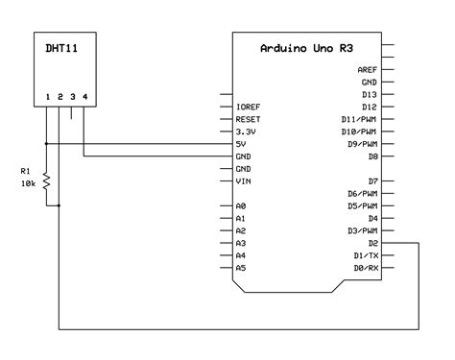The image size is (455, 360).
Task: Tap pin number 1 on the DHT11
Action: pyautogui.click(x=47, y=97)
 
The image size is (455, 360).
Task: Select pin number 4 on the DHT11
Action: pyautogui.click(x=84, y=97)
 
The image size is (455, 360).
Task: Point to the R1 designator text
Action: pyautogui.click(x=26, y=170)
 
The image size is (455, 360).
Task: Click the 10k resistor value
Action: pyautogui.click(x=28, y=181)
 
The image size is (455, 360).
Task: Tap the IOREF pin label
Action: pyautogui.click(x=248, y=107)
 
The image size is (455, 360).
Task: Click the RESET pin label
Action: pyautogui.click(x=248, y=119)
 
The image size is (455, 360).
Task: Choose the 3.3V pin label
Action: pyautogui.click(x=245, y=132)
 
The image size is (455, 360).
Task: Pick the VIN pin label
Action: pyautogui.click(x=243, y=180)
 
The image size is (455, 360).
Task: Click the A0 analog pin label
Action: pyautogui.click(x=240, y=206)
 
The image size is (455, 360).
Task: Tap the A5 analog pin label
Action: pyautogui.click(x=240, y=269)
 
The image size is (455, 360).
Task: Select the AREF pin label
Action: pyautogui.click(x=367, y=70)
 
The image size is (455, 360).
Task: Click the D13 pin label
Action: pyautogui.click(x=370, y=94)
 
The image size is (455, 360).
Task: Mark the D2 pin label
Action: pyautogui.click(x=371, y=244)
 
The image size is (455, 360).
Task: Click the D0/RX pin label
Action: pyautogui.click(x=365, y=269)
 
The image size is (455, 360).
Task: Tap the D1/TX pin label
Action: pyautogui.click(x=365, y=256)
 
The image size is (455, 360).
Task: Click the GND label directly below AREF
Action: pyautogui.click(x=370, y=83)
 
